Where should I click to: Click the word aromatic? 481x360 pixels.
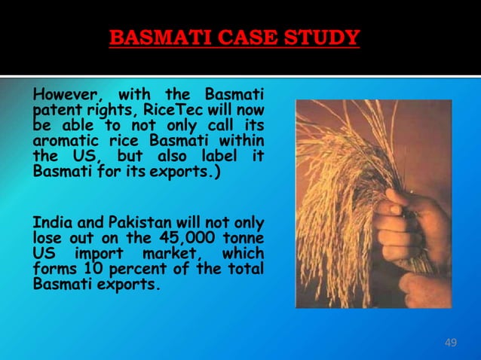(x=66, y=140)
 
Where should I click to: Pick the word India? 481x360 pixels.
(x=50, y=223)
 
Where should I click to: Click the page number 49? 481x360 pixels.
(x=451, y=343)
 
